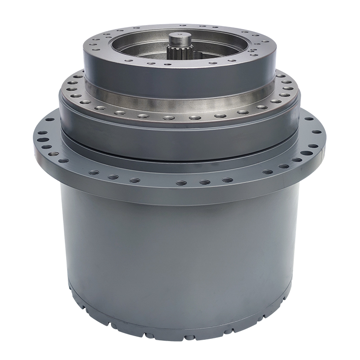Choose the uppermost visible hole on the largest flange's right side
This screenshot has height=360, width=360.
pyautogui.click(x=309, y=120)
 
